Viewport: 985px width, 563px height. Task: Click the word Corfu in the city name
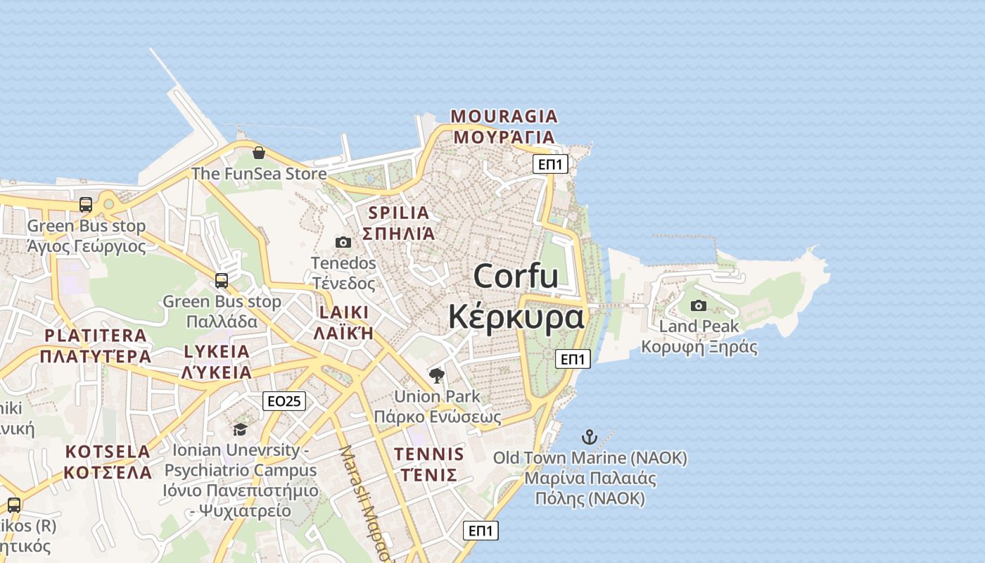(x=516, y=275)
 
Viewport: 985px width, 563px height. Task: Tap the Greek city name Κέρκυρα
(x=516, y=317)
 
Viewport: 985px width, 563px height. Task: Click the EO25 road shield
(x=284, y=401)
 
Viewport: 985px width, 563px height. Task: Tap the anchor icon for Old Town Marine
(x=590, y=437)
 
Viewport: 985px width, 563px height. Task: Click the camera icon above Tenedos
(x=343, y=242)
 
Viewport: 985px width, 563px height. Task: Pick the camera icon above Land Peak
(x=698, y=305)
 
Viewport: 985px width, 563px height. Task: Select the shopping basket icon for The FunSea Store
(x=259, y=153)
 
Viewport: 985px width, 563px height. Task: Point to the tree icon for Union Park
(x=437, y=375)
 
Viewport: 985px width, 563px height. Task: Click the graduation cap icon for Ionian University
(x=240, y=429)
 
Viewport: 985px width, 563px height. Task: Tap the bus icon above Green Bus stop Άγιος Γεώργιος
(x=86, y=205)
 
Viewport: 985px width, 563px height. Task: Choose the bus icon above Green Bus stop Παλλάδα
(x=222, y=281)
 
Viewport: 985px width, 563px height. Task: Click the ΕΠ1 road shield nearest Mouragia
(x=550, y=164)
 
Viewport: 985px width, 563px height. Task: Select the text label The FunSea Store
(x=259, y=173)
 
